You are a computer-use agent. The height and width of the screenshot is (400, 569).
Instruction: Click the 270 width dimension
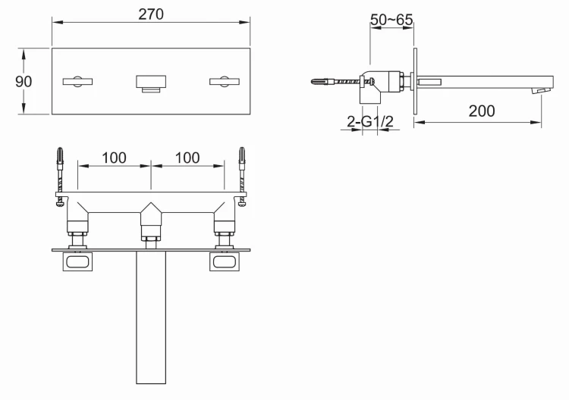click(x=152, y=13)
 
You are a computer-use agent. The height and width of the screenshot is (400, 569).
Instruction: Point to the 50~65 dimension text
click(x=391, y=20)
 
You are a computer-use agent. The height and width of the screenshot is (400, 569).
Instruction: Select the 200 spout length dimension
click(x=481, y=111)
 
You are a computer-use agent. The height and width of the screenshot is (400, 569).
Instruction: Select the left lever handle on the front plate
click(x=77, y=82)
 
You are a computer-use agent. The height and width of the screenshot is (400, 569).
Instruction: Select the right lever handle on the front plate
click(x=224, y=82)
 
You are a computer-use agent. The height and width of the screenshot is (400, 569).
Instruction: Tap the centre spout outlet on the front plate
click(x=150, y=83)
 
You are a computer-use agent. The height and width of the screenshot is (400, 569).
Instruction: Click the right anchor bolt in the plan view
click(x=243, y=167)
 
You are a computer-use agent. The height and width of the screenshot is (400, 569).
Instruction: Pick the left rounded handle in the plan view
click(x=77, y=262)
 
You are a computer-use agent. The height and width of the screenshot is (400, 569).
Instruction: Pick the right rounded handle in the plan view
click(x=225, y=262)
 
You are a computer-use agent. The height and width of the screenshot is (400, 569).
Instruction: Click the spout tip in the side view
click(x=540, y=90)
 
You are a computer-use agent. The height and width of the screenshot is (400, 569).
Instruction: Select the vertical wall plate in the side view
click(x=415, y=83)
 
